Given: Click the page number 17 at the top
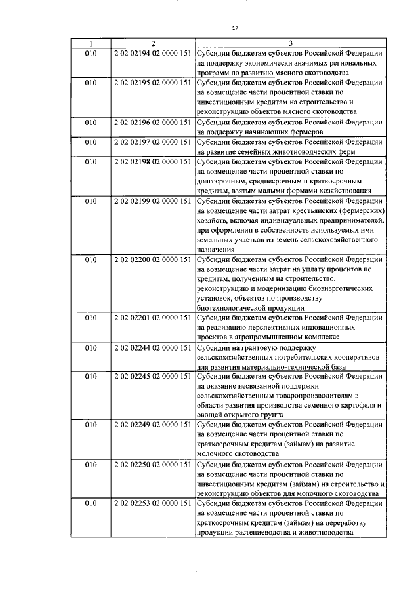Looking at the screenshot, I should (x=234, y=28).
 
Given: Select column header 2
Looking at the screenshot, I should (x=152, y=45).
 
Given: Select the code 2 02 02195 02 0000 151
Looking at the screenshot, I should (x=152, y=83).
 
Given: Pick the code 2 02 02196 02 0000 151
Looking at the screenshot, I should (x=152, y=123).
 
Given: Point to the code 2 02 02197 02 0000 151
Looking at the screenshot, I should (x=152, y=142).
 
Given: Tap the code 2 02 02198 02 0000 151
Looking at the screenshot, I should (x=152, y=162).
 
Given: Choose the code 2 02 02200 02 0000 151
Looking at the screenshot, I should (x=152, y=259).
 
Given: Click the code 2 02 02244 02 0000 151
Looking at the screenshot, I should (x=152, y=348).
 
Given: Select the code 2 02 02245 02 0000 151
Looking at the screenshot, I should (x=152, y=377).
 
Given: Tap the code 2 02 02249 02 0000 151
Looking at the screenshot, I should (x=152, y=426).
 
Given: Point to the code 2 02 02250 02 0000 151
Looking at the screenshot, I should (x=152, y=465).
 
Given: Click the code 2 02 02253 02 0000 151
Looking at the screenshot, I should (x=152, y=504).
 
